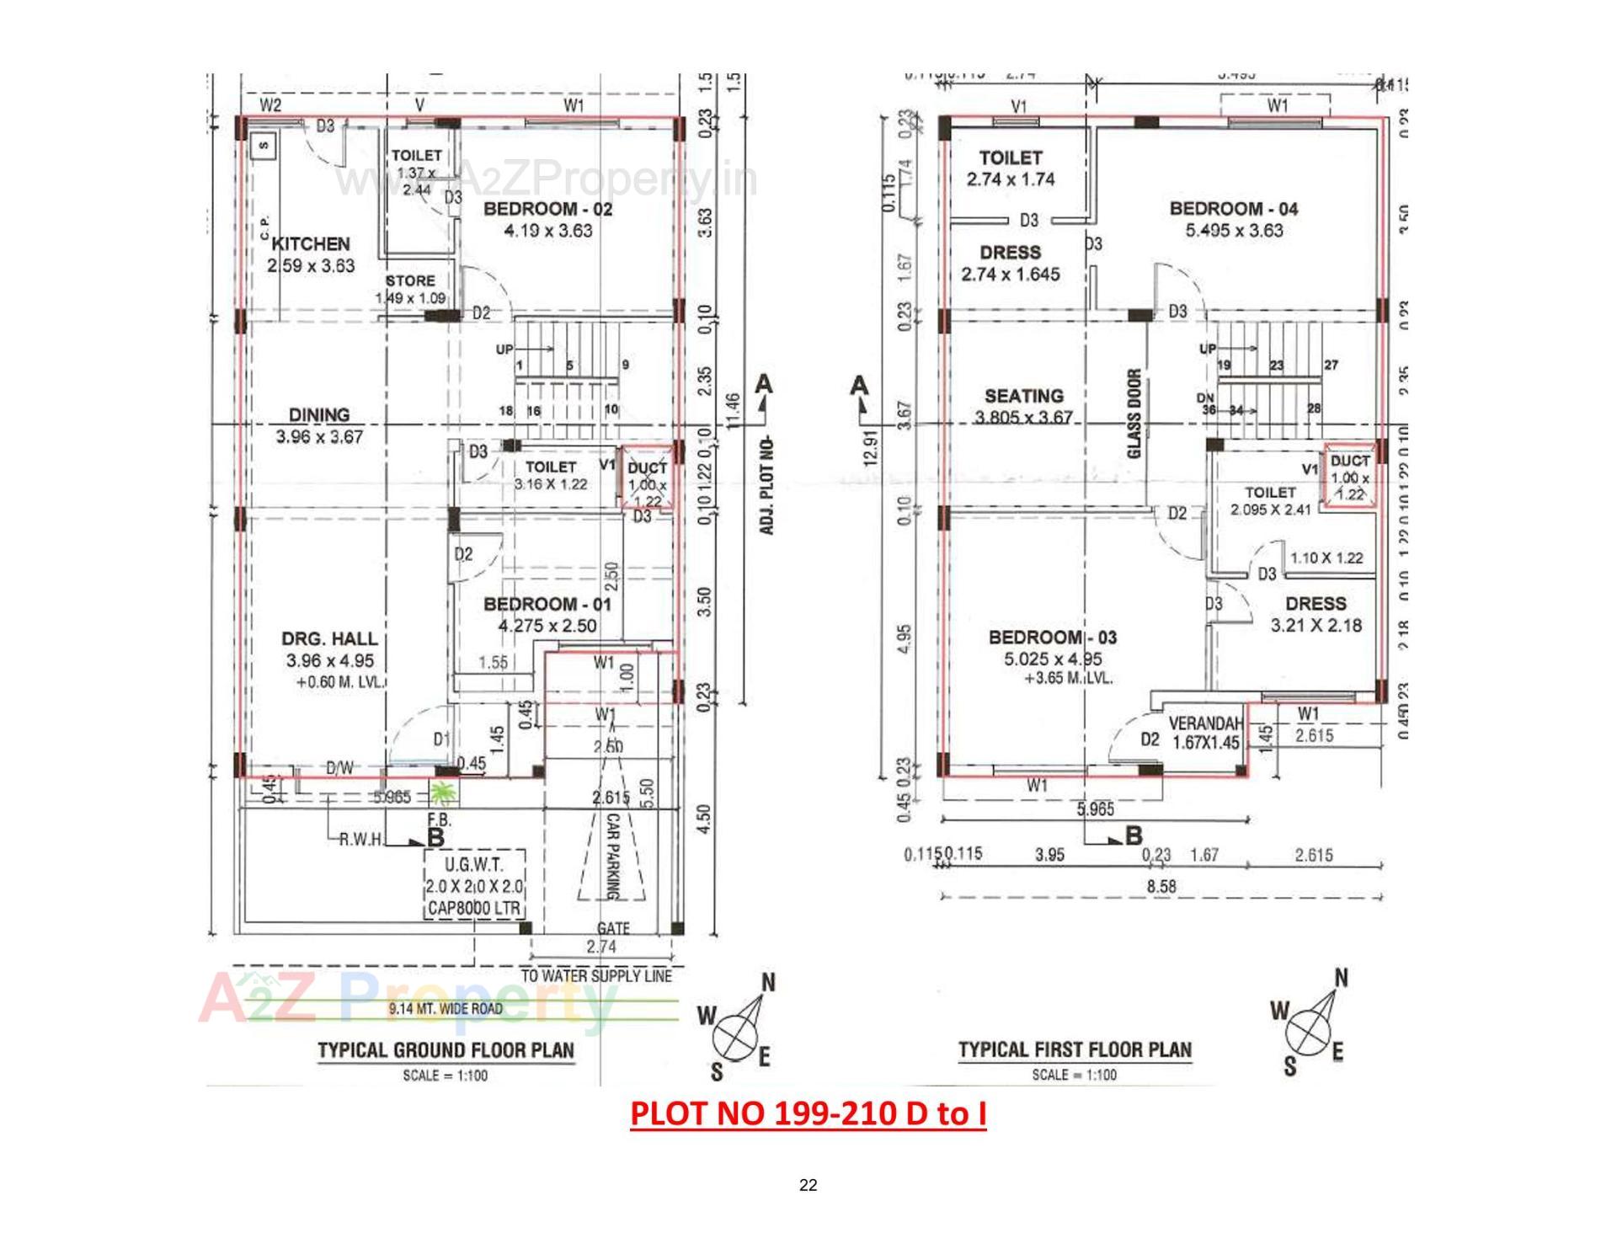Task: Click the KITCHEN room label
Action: [311, 244]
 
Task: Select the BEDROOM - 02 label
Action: [547, 209]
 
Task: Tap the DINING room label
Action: [318, 414]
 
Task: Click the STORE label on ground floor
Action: [410, 280]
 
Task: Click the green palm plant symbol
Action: [442, 793]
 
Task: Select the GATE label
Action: [613, 928]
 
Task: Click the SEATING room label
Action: [1023, 396]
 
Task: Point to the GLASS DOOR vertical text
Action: [1134, 414]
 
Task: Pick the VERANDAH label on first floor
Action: [1205, 724]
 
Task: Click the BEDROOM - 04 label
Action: [1234, 209]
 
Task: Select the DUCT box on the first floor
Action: [1350, 477]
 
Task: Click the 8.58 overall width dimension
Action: [1161, 886]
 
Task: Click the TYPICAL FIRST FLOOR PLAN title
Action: [1075, 1050]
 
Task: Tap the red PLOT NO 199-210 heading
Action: [808, 1113]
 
